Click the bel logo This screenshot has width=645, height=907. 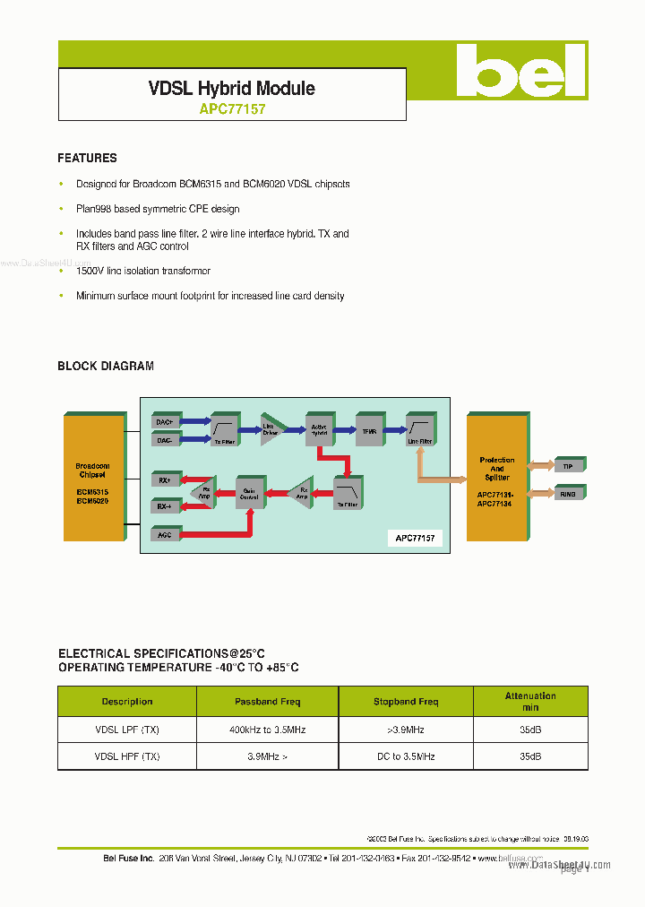(520, 71)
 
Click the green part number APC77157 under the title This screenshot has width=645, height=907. (231, 109)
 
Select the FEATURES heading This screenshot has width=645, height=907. (87, 158)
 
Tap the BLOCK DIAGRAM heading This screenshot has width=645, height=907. (106, 366)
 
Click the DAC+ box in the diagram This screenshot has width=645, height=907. (165, 421)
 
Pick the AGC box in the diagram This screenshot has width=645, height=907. (165, 534)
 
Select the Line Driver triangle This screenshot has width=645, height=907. (271, 428)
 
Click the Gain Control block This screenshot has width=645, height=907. (250, 492)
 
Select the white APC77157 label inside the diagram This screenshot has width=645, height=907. (416, 538)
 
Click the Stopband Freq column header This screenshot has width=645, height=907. (406, 702)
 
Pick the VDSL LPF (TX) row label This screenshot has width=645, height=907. (127, 730)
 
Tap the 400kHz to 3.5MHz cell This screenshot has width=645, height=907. (268, 730)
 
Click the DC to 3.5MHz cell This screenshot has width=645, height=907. (406, 756)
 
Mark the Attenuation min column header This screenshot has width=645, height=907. (530, 701)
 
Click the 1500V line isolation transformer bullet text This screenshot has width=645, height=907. (143, 271)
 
